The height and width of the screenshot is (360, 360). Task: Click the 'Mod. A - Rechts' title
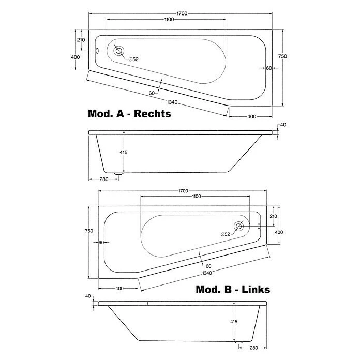coord(129,114)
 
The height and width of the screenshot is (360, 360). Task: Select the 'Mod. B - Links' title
coord(233,289)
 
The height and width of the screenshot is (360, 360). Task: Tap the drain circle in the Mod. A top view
coord(118,51)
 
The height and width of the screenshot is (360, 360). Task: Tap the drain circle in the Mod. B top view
coord(239,226)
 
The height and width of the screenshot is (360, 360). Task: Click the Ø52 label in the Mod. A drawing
coord(133,59)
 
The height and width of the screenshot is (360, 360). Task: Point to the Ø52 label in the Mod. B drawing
coord(225,234)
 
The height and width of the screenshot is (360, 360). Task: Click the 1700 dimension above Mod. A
coord(182,13)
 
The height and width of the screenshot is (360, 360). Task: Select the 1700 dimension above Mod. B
coord(183,191)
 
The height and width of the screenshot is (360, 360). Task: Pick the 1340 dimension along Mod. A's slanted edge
coord(172,102)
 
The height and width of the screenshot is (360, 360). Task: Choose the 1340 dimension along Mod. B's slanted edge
coord(207,273)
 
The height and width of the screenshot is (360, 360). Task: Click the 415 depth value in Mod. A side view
coord(124,152)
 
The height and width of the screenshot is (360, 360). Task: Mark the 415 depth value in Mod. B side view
coord(234,322)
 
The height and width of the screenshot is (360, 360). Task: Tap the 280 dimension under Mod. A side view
coord(104,179)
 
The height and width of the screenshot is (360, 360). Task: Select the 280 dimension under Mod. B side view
coord(253,348)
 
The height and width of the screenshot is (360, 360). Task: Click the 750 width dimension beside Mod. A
coord(282,56)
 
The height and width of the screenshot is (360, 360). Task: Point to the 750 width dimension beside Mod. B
coord(89,231)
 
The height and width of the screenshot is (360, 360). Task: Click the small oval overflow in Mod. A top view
coord(97,51)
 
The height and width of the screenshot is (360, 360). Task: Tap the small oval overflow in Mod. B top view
coord(259,226)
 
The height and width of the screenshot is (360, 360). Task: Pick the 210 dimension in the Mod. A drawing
coord(81,40)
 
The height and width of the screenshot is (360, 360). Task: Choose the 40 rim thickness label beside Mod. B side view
coord(88,296)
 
